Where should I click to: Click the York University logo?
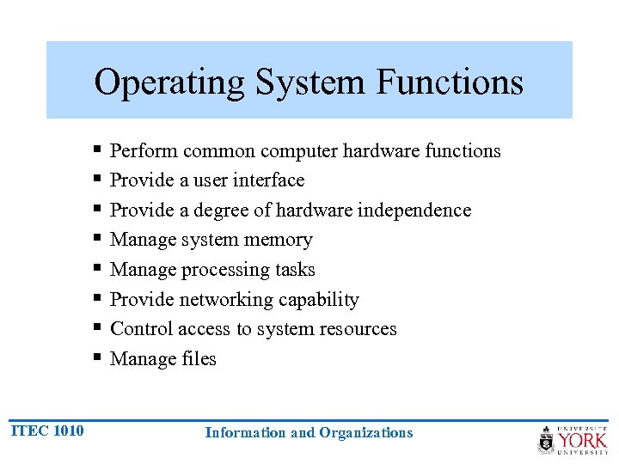pos(573,439)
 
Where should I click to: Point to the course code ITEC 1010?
pos(47,430)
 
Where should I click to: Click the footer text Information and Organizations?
pos(309,433)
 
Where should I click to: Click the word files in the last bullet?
pos(198,359)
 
